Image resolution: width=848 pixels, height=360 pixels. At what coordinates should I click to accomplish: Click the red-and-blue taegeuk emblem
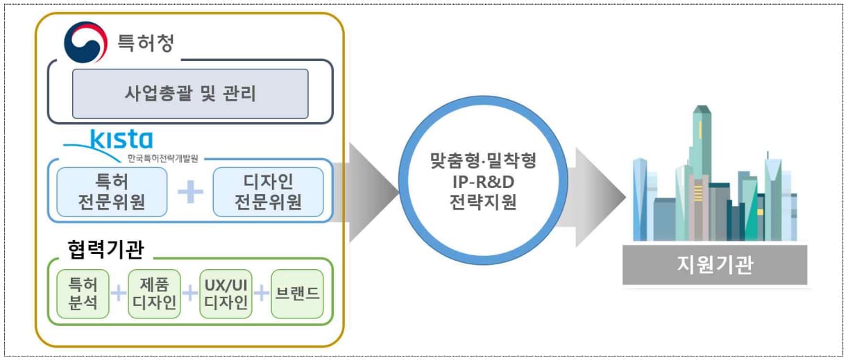pos(85,42)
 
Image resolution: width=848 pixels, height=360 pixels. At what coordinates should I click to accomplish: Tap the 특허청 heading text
pos(146,42)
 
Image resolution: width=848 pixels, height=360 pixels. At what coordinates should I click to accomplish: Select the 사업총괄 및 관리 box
pos(190,94)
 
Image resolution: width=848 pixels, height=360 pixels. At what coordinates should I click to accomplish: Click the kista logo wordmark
pos(121,139)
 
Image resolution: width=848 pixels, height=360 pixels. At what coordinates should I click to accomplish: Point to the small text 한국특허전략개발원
pos(163,158)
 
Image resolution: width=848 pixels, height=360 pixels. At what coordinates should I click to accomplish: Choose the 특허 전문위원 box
pos(112,192)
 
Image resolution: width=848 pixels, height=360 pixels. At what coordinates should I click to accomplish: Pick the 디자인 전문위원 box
pos(268,192)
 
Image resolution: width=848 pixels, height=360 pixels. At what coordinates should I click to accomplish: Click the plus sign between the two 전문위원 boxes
pos(190,191)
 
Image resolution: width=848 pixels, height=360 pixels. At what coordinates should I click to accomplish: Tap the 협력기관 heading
pos(105,249)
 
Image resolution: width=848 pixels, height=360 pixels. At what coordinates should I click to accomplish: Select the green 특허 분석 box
pos(83,293)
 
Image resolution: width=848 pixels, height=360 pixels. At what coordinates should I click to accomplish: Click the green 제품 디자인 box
pos(155,293)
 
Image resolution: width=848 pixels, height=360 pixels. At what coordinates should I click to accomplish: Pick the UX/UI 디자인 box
pos(226,293)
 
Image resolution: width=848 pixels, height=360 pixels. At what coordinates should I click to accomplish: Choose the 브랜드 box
pos(298,293)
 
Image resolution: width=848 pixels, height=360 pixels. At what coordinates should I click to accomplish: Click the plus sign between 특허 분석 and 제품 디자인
pos(119,293)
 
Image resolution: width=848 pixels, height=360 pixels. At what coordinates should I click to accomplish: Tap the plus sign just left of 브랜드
pos(262,293)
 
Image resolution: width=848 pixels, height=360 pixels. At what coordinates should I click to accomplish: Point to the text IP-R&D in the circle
pos(484,182)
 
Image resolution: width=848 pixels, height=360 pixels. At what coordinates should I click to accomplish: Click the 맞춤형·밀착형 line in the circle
pos(484,160)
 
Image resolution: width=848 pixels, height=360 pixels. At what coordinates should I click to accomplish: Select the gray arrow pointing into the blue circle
pos(365,192)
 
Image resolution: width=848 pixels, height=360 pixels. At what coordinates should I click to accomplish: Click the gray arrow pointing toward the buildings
pos(593,197)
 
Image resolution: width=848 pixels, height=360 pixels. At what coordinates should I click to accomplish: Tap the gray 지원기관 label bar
pos(715,264)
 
